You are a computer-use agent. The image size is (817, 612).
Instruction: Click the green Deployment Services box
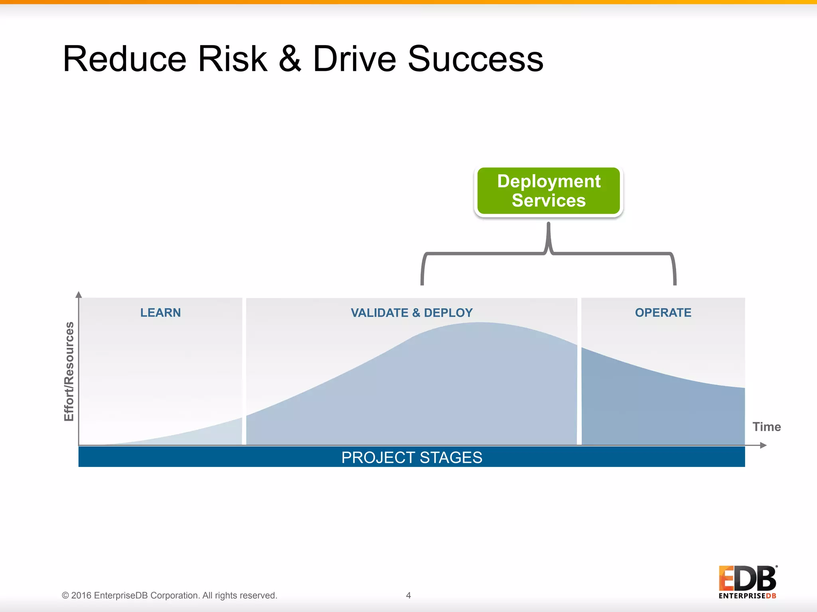(x=549, y=191)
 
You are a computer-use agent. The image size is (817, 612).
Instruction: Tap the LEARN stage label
(x=160, y=313)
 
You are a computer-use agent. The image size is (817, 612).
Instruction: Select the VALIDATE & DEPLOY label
(x=412, y=313)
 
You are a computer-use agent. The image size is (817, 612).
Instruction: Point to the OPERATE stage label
(x=663, y=313)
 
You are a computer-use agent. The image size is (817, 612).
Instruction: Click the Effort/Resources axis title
(x=69, y=371)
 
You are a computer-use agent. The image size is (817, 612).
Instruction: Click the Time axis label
(x=766, y=427)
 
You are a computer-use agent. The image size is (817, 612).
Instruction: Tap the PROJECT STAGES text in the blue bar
(x=412, y=457)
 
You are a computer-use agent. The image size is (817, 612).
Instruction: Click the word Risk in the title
(x=232, y=59)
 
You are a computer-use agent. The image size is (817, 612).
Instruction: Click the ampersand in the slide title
(x=290, y=59)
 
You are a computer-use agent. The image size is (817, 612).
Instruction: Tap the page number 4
(x=408, y=595)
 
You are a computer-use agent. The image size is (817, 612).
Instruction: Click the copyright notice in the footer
(x=169, y=595)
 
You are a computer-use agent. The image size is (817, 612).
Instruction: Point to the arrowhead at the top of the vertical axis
(x=79, y=295)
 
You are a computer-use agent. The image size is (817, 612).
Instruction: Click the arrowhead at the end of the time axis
(x=763, y=445)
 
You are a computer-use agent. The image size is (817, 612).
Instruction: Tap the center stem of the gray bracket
(x=549, y=237)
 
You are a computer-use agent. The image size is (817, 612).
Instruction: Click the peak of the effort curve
(x=479, y=324)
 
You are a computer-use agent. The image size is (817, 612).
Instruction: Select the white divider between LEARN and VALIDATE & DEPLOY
(x=244, y=371)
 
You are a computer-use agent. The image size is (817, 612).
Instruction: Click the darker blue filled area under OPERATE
(x=662, y=410)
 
